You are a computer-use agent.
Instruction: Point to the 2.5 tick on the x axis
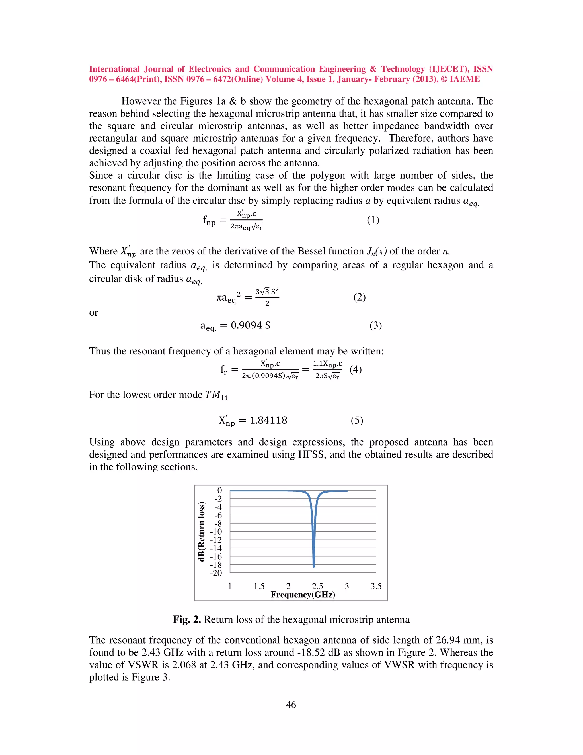pyautogui.click(x=317, y=586)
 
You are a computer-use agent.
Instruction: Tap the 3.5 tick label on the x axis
pyautogui.click(x=376, y=586)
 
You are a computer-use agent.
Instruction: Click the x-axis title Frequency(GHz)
pyautogui.click(x=303, y=595)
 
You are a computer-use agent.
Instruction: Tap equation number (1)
pyautogui.click(x=373, y=220)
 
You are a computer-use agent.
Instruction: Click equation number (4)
pyautogui.click(x=355, y=369)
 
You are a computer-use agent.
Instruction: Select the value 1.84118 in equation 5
pyautogui.click(x=268, y=420)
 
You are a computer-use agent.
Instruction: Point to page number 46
pyautogui.click(x=291, y=705)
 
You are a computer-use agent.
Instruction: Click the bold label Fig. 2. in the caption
pyautogui.click(x=187, y=619)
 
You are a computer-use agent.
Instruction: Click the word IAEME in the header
pyautogui.click(x=465, y=79)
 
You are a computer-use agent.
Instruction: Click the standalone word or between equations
pyautogui.click(x=94, y=313)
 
